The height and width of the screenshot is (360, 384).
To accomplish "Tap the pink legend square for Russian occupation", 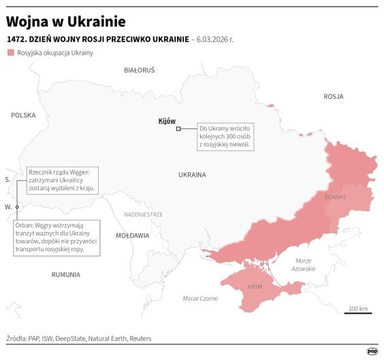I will pos(10,52).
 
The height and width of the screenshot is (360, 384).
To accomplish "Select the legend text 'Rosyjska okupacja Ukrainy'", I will pos(55,52).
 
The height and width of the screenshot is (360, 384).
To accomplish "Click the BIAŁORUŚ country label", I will pos(140,70).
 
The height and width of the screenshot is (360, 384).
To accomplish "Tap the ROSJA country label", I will pos(333,97).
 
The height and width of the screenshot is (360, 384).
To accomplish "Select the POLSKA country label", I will pos(23,115).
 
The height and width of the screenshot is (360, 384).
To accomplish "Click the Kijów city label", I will pos(166,120).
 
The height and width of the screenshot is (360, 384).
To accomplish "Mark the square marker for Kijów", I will pos(178,129).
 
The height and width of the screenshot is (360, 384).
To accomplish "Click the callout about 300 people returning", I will pos(225,136).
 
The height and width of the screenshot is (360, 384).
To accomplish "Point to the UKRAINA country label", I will pos(192,175).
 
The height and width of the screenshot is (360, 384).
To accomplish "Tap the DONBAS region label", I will pos(336,197).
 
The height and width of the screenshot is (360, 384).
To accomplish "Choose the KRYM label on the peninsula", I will pos(255,287).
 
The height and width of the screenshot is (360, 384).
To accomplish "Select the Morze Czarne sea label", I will pos(200,298).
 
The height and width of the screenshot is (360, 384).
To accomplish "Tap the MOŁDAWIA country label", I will pos(132,235).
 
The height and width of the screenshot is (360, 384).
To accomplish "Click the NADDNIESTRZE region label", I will pos(143,214).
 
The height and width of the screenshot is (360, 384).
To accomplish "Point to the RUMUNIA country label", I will pos(65,274).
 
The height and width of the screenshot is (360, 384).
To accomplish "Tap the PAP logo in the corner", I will pos(372,350).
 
